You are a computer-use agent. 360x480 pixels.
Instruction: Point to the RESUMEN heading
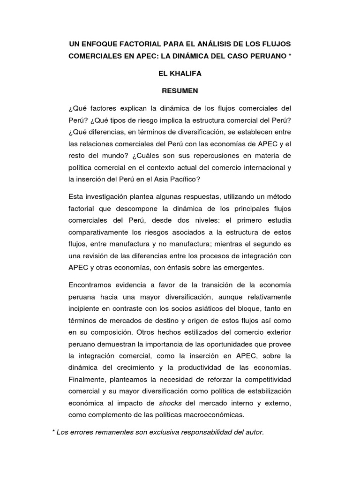click(180, 90)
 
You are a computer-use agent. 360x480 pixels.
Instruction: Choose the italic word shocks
click(169, 402)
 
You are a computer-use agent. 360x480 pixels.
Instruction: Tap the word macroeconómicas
click(206, 414)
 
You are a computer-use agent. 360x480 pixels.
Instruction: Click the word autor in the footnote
click(254, 432)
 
